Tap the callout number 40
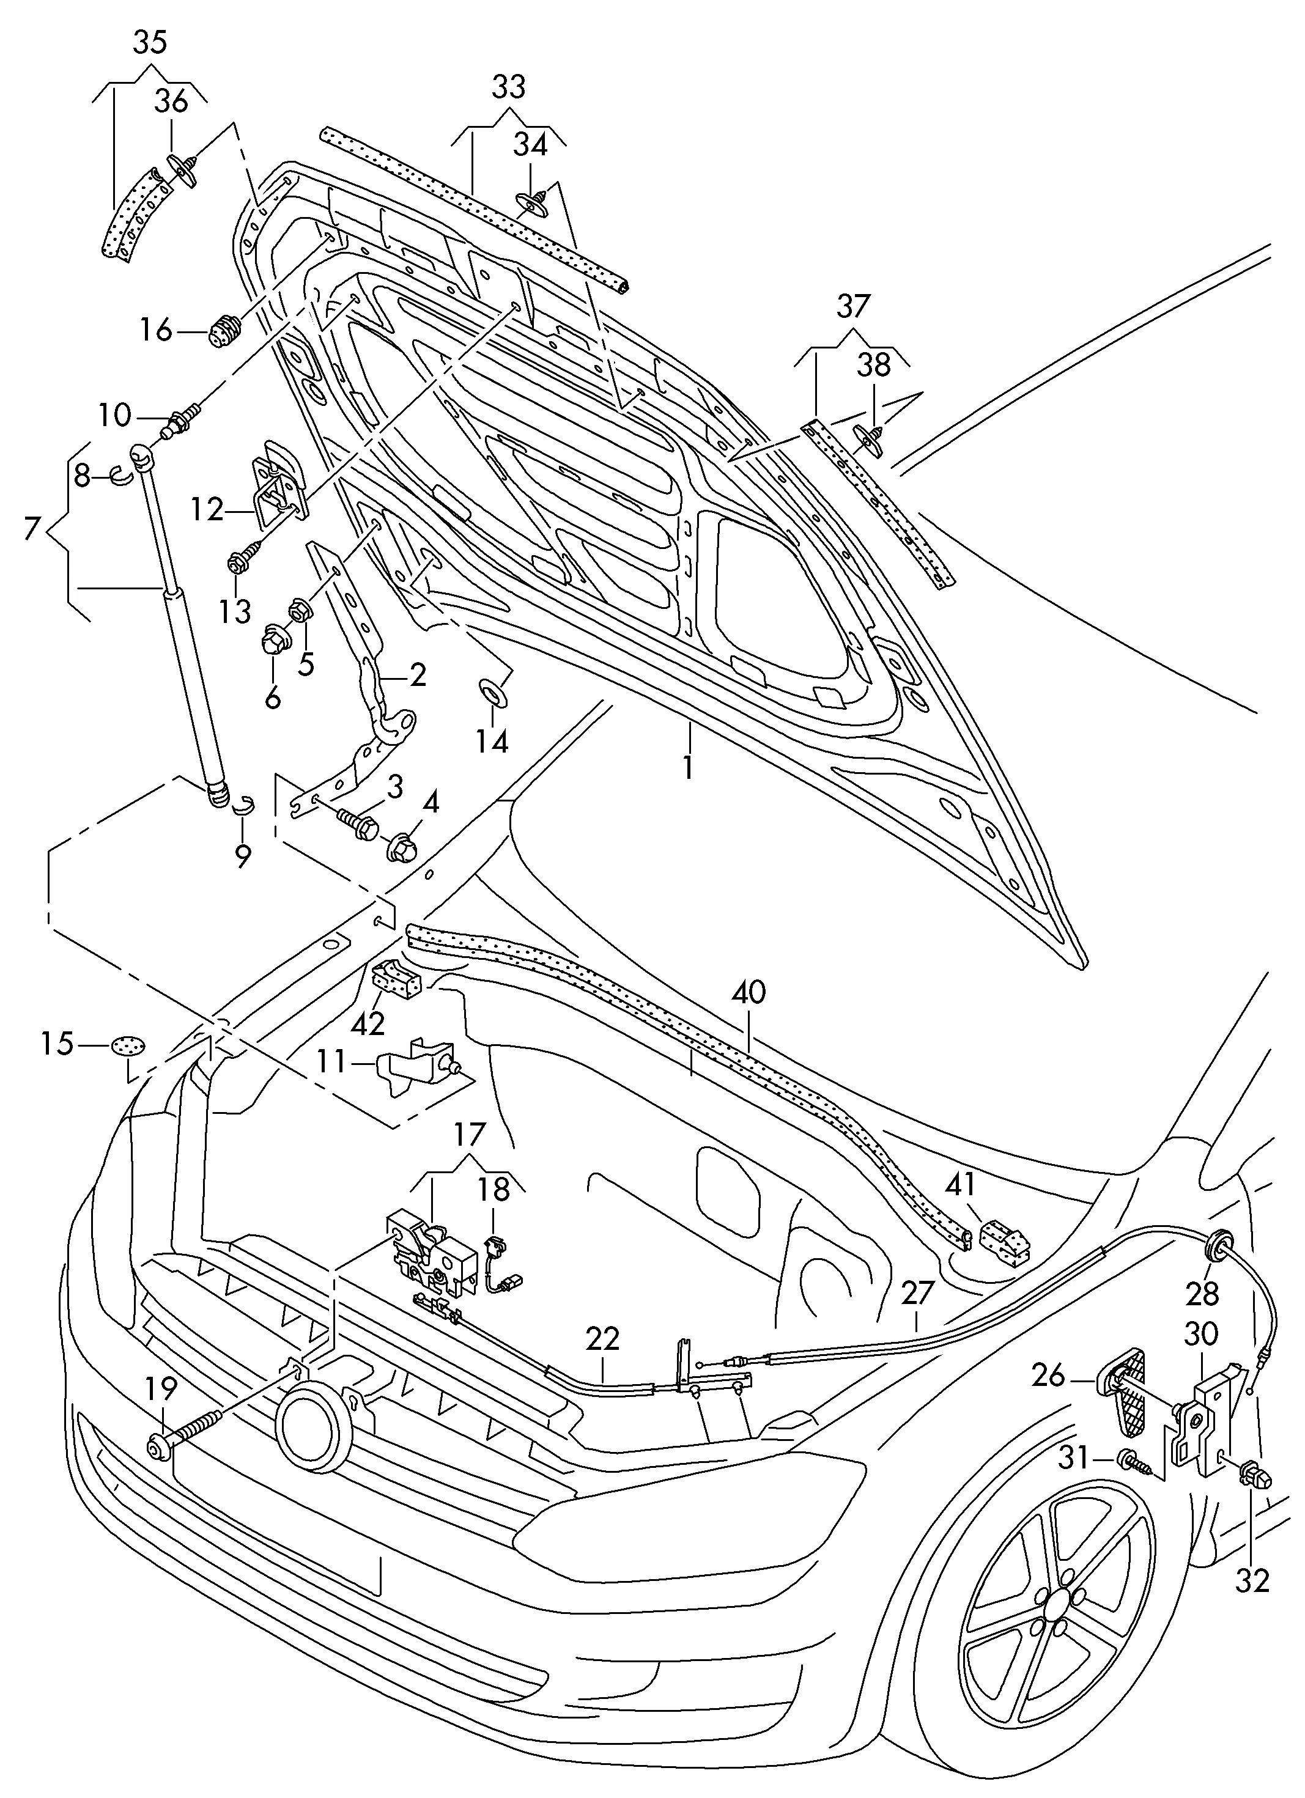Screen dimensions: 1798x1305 (749, 993)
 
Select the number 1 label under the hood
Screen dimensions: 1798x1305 (688, 767)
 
